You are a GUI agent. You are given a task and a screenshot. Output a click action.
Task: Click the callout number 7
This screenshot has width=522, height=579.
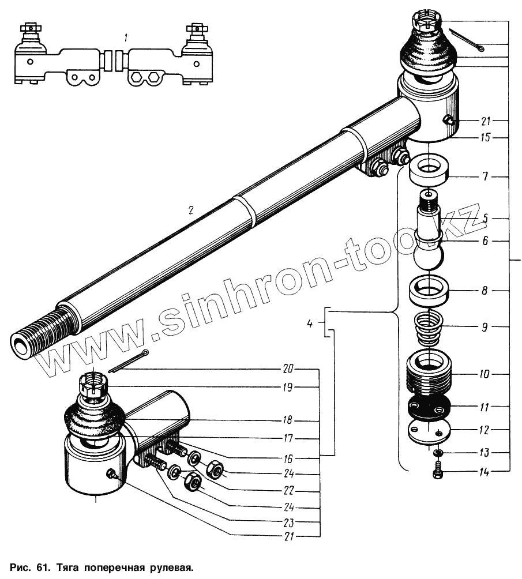pyautogui.click(x=485, y=176)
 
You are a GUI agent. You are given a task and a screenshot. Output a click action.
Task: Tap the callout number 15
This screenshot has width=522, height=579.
pyautogui.click(x=485, y=138)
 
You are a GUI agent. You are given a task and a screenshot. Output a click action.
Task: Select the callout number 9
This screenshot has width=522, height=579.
pyautogui.click(x=485, y=327)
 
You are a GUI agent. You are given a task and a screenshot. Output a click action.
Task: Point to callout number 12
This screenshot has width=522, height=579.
pyautogui.click(x=485, y=430)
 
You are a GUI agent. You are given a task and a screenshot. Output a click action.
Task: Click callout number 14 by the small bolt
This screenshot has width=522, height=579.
pyautogui.click(x=485, y=472)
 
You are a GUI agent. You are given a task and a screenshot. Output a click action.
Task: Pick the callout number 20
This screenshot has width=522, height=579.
pyautogui.click(x=288, y=369)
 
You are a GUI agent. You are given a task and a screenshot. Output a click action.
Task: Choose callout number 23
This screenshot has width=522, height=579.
pyautogui.click(x=288, y=523)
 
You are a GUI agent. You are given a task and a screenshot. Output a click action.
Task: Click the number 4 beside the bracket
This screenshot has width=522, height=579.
pyautogui.click(x=310, y=324)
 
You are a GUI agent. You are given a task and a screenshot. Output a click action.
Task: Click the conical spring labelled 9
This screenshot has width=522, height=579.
pyautogui.click(x=429, y=327)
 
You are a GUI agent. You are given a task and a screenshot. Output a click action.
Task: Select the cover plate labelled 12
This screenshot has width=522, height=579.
pyautogui.click(x=429, y=433)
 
